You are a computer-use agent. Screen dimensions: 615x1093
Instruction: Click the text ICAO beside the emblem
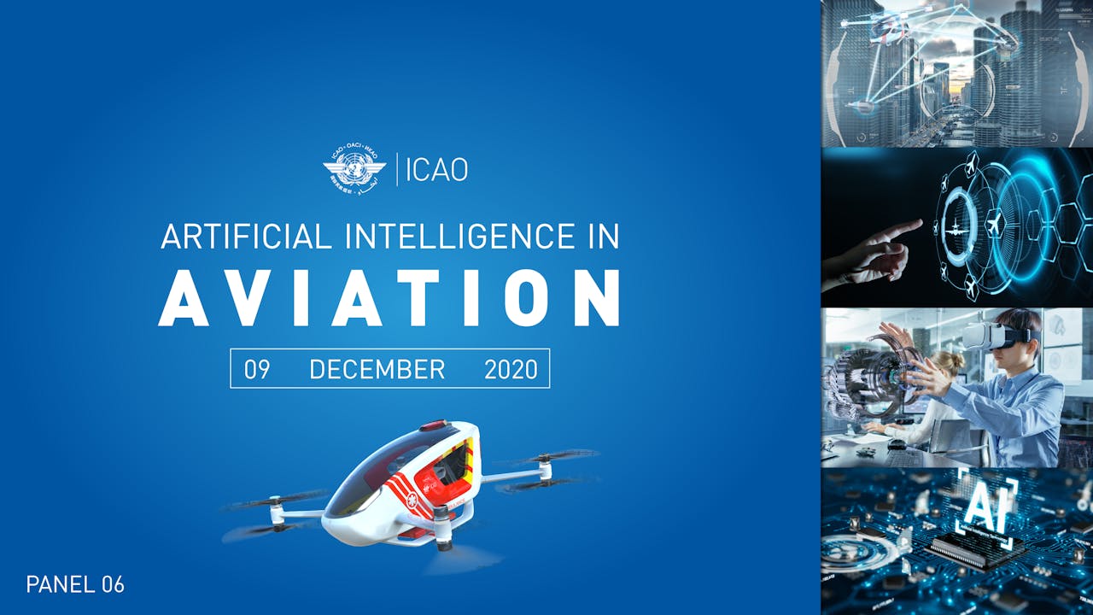pyautogui.click(x=436, y=169)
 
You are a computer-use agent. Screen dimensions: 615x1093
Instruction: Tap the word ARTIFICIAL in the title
pyautogui.click(x=246, y=236)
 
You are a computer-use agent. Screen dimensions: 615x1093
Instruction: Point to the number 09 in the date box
pyautogui.click(x=257, y=369)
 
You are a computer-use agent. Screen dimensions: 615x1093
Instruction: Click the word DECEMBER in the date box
pyautogui.click(x=377, y=369)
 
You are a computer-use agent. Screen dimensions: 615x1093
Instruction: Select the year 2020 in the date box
pyautogui.click(x=511, y=369)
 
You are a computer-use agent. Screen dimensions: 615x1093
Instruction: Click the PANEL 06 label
pyautogui.click(x=75, y=584)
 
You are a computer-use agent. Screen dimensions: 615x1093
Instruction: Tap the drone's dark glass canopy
pyautogui.click(x=376, y=474)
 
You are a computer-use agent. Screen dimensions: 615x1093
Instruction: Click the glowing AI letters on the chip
pyautogui.click(x=979, y=505)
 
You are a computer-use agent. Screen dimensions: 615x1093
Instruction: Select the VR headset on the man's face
pyautogui.click(x=995, y=337)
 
